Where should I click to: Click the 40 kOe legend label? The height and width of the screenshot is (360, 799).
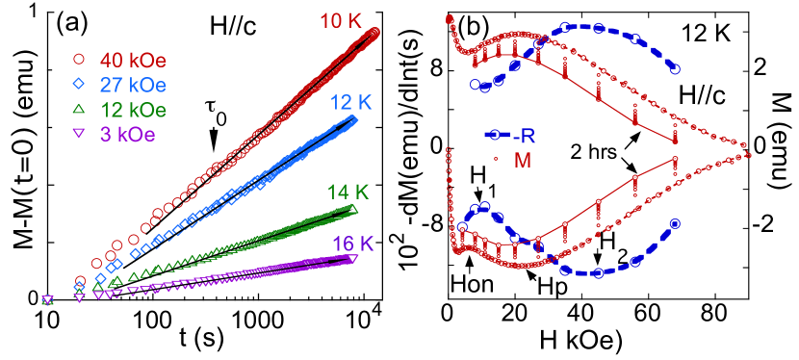click(133, 60)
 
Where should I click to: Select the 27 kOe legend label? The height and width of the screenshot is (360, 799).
click(133, 84)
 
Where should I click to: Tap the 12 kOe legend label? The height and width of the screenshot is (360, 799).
click(133, 109)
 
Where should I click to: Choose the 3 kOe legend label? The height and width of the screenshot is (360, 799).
click(127, 133)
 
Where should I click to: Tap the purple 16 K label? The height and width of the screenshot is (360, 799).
click(352, 244)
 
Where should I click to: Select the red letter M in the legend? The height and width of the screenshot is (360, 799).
click(523, 161)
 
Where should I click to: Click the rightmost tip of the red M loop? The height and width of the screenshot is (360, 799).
click(749, 154)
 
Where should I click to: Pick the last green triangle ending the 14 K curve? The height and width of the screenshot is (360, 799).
click(352, 210)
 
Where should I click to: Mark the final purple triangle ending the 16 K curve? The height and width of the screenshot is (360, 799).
click(352, 258)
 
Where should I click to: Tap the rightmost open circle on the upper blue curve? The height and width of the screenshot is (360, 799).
click(676, 69)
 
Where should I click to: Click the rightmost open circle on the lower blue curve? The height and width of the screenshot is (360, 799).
click(676, 224)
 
